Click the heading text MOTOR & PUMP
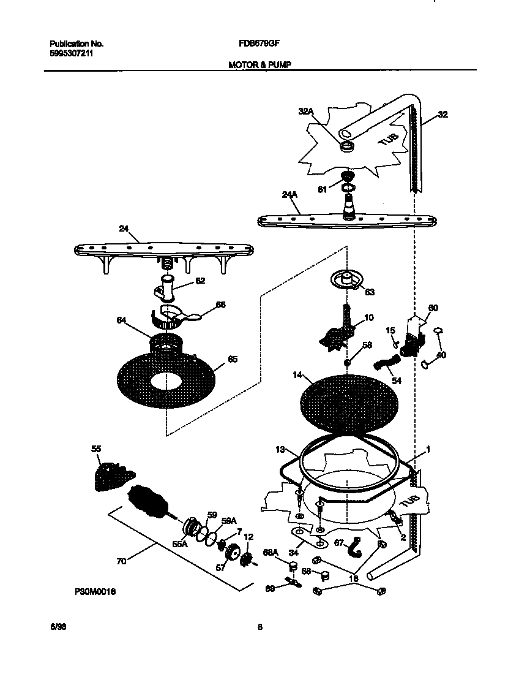click(x=256, y=64)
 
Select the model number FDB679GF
click(x=256, y=44)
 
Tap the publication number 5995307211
click(x=72, y=53)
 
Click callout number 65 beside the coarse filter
click(x=233, y=359)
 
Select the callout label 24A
click(x=289, y=195)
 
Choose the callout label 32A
click(x=306, y=111)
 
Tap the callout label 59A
click(x=228, y=520)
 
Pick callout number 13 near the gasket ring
click(x=280, y=450)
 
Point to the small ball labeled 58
click(x=346, y=363)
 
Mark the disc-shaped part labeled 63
click(x=346, y=280)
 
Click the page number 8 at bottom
click(x=259, y=627)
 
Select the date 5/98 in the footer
click(x=57, y=627)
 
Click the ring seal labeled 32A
click(x=347, y=146)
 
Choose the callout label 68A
click(x=270, y=552)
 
